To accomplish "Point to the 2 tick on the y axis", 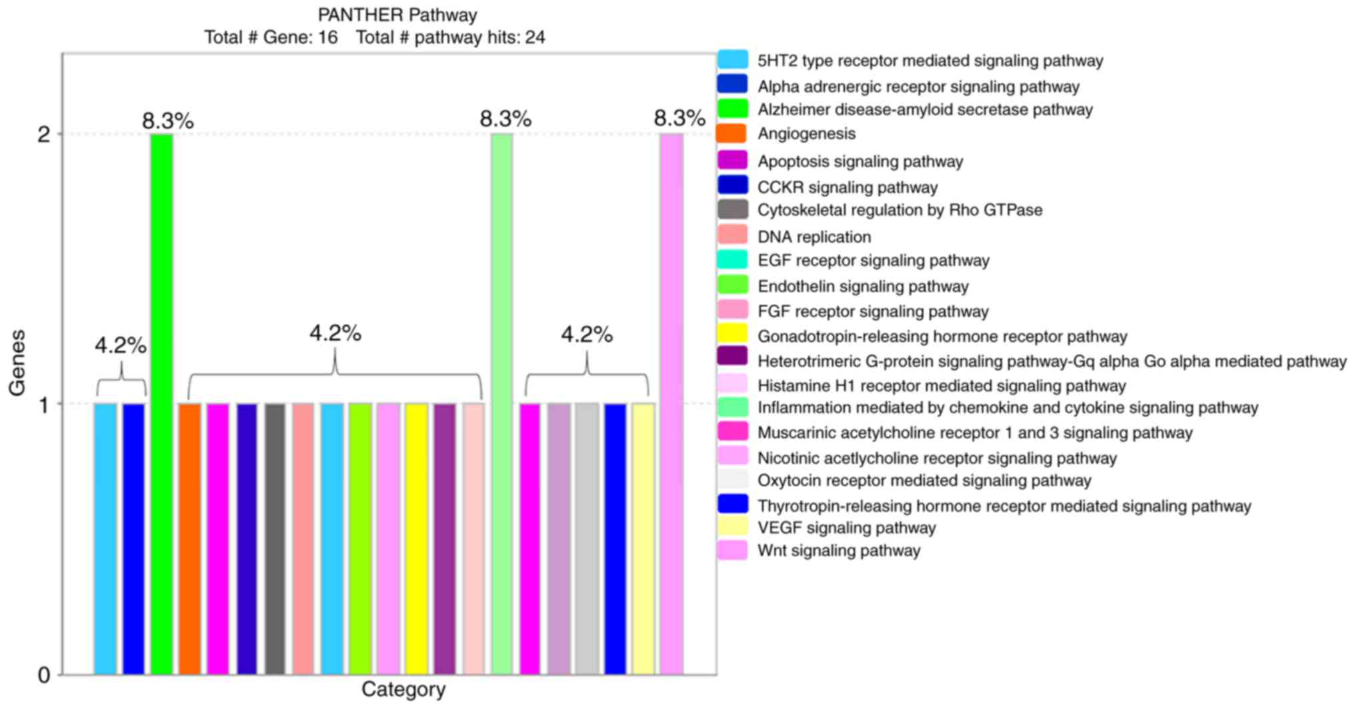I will click(44, 135).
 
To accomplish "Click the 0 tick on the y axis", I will click(44, 675).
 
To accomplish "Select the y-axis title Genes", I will click(17, 362).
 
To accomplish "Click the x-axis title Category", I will click(403, 690).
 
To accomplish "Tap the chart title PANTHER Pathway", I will click(397, 15).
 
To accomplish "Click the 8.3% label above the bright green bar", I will click(168, 121).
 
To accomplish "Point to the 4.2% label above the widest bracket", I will click(335, 333).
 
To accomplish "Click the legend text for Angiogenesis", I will click(806, 134).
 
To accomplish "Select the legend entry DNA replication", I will click(814, 237).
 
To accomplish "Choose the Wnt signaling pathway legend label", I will click(839, 551).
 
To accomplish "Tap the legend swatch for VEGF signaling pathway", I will click(732, 528).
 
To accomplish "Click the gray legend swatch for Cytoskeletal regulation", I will click(732, 210).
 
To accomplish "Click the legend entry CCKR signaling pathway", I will click(848, 187).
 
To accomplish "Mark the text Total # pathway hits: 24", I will click(451, 37).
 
